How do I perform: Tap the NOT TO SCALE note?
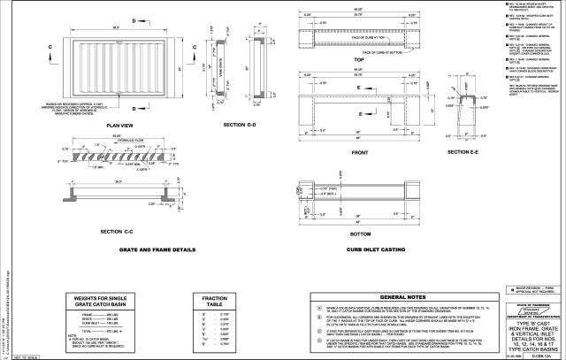coord(15,356)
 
